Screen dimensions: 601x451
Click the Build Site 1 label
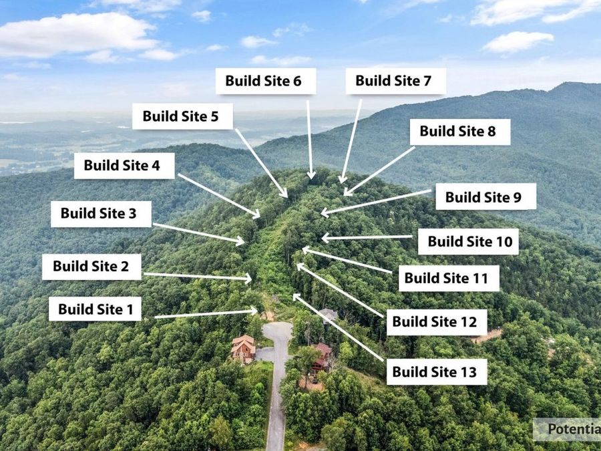click(95, 309)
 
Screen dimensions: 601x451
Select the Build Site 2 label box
click(91, 267)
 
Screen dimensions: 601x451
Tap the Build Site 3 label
click(102, 214)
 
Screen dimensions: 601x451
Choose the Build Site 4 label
click(124, 166)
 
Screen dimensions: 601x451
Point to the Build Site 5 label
click(182, 116)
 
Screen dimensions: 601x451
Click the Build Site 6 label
click(266, 81)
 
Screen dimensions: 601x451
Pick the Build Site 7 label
click(396, 81)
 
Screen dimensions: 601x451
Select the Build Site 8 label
click(460, 132)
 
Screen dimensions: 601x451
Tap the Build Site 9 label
click(485, 196)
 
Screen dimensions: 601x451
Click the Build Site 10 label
click(468, 242)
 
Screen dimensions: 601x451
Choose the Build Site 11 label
click(449, 278)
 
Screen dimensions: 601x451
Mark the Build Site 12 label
click(437, 322)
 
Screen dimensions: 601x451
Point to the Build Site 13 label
click(437, 372)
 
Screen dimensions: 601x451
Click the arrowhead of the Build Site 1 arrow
click(254, 311)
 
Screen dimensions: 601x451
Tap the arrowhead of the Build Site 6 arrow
click(311, 176)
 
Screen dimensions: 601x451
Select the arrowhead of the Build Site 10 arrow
click(325, 238)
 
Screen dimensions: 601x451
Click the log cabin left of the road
click(243, 349)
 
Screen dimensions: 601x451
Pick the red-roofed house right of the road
click(321, 357)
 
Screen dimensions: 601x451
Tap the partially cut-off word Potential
click(574, 429)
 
